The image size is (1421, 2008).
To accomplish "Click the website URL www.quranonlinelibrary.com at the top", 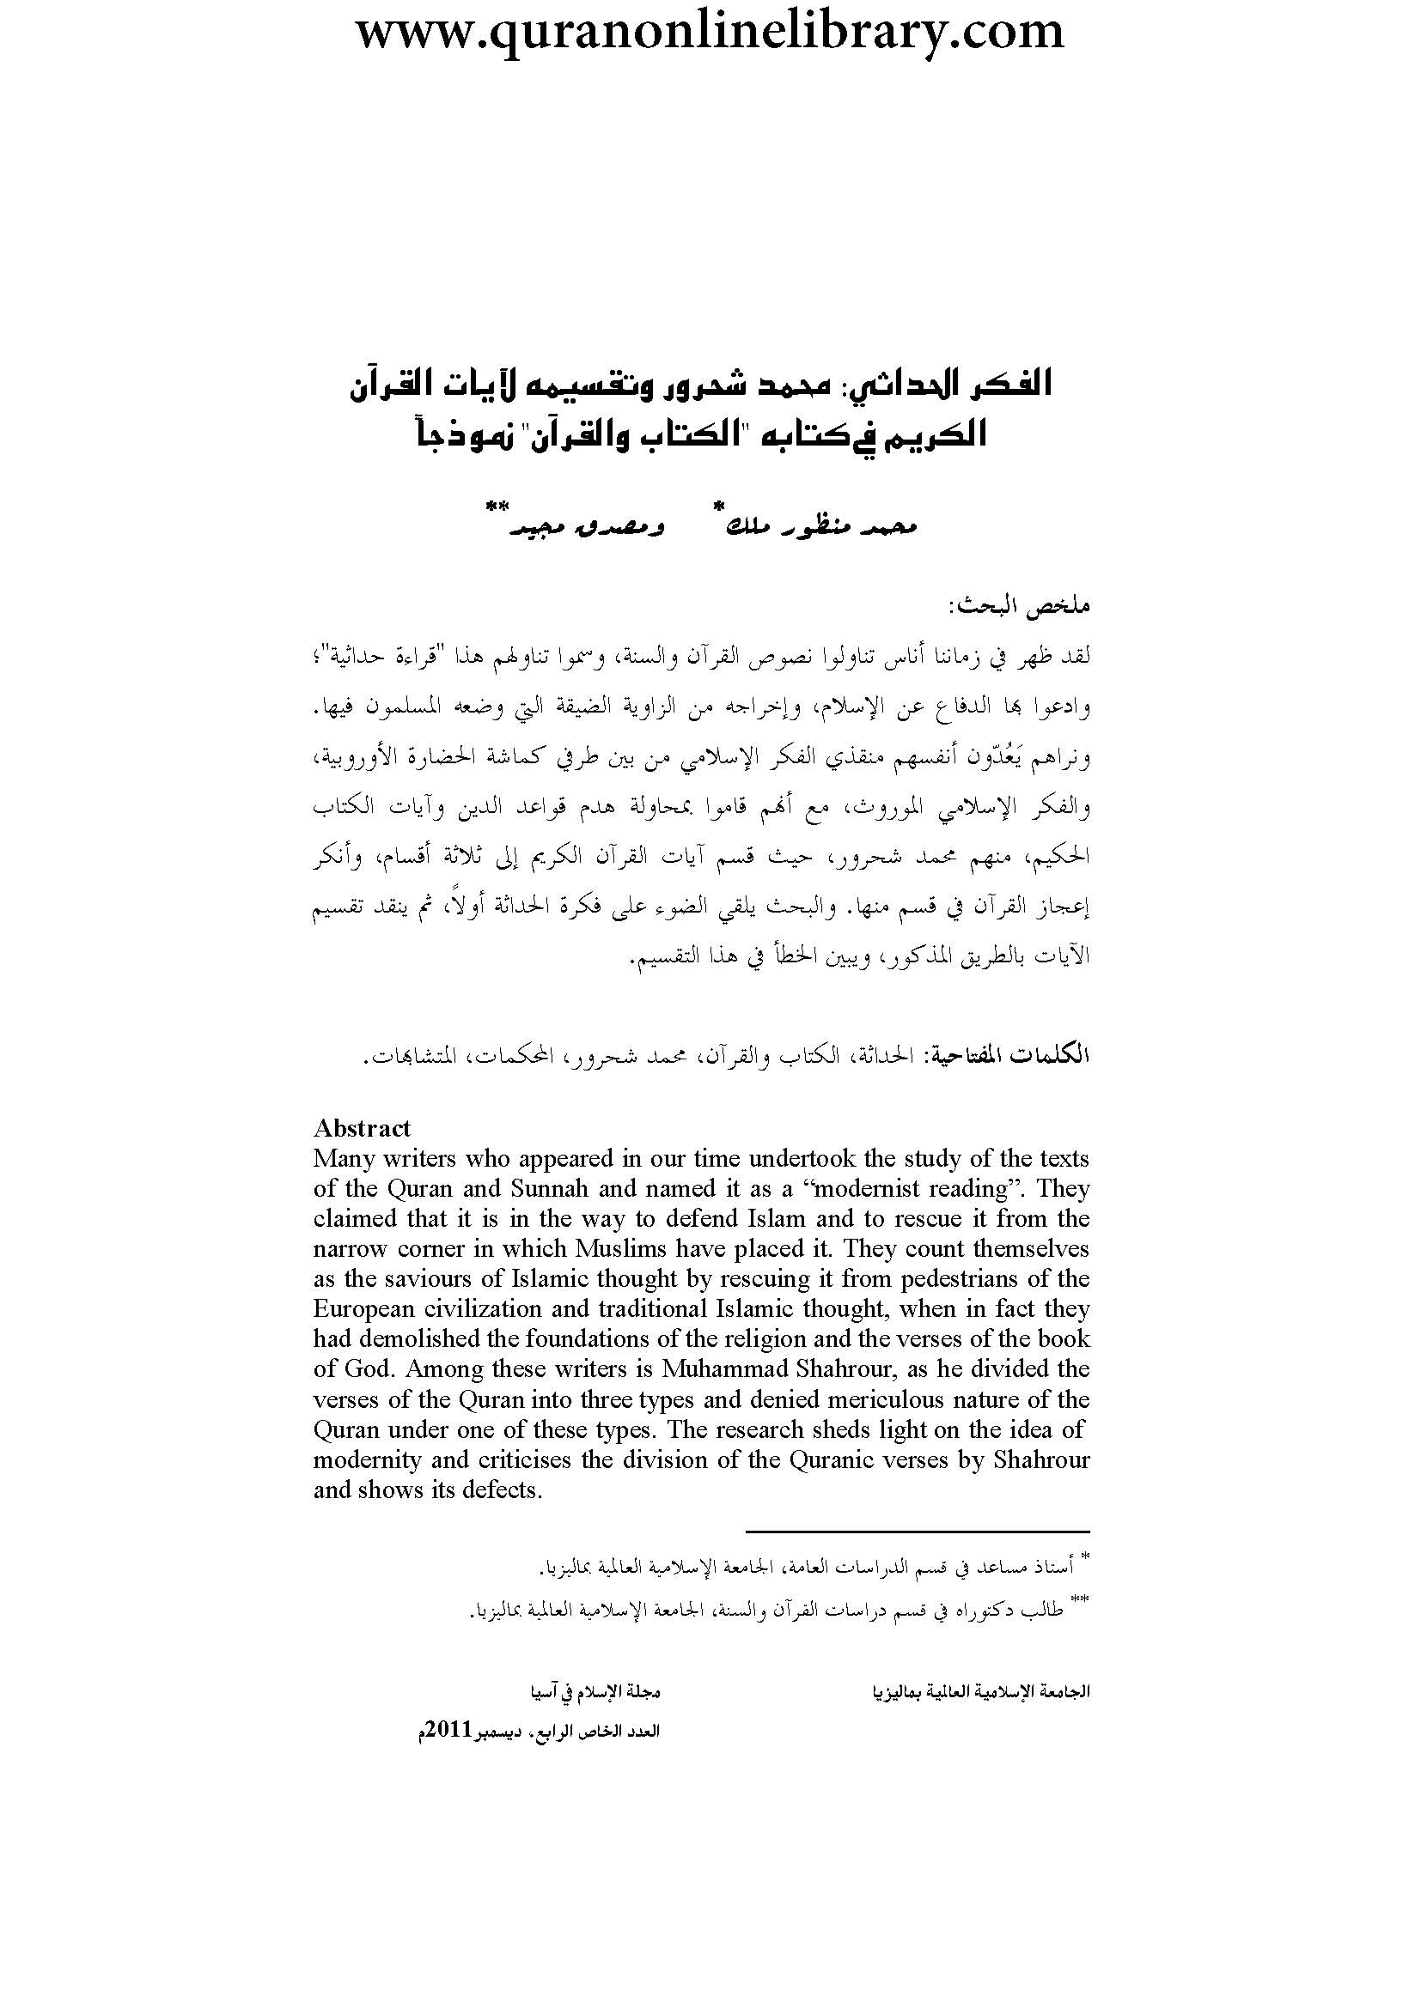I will click(710, 33).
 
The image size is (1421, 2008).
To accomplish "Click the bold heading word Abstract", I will click(362, 1128).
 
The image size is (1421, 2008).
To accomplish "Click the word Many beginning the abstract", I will click(342, 1159).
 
